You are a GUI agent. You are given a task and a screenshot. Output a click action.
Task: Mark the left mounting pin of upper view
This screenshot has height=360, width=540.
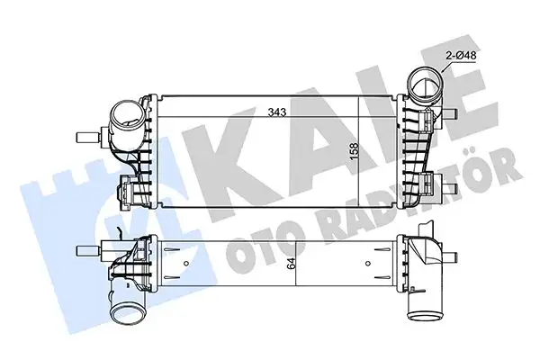click(x=86, y=138)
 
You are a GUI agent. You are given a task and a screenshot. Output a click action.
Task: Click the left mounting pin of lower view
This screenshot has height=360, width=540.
click(x=86, y=248)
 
